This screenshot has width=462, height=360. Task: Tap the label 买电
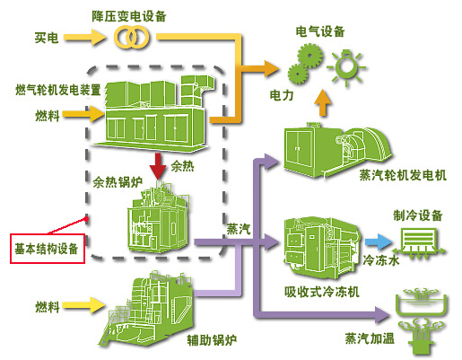click(x=47, y=38)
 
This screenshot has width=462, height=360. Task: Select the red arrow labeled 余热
click(x=158, y=166)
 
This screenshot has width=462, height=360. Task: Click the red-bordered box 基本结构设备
click(x=48, y=249)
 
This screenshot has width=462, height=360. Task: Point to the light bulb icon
click(x=346, y=67)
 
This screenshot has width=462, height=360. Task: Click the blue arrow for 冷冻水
click(x=378, y=241)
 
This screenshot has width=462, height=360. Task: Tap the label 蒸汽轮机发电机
click(x=403, y=175)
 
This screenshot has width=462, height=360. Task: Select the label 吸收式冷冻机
click(x=322, y=292)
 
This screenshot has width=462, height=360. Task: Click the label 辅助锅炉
click(x=212, y=340)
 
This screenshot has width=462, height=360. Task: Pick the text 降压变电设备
click(x=129, y=16)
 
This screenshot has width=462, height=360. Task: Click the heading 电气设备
click(x=320, y=31)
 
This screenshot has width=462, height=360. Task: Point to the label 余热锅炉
click(x=118, y=182)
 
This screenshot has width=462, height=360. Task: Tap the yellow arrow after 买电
click(x=84, y=38)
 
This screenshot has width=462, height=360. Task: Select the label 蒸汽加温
click(x=370, y=338)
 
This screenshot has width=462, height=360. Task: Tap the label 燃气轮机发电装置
click(x=58, y=90)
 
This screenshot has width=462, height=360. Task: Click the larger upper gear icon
click(x=309, y=56)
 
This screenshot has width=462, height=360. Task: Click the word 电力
click(x=282, y=95)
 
